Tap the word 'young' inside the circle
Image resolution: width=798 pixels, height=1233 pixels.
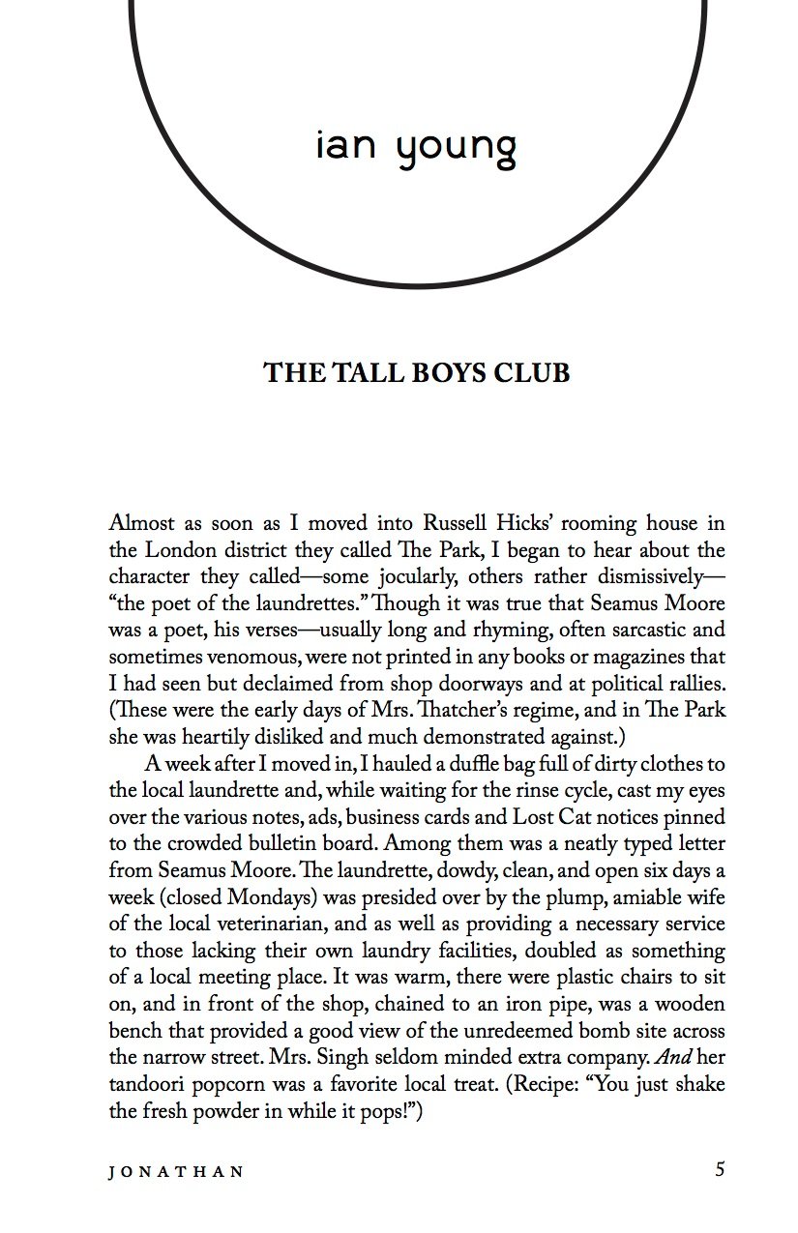pyautogui.click(x=455, y=149)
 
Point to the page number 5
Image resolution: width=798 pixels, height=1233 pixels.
pyautogui.click(x=720, y=1169)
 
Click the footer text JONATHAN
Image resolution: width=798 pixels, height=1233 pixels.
pyautogui.click(x=176, y=1171)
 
